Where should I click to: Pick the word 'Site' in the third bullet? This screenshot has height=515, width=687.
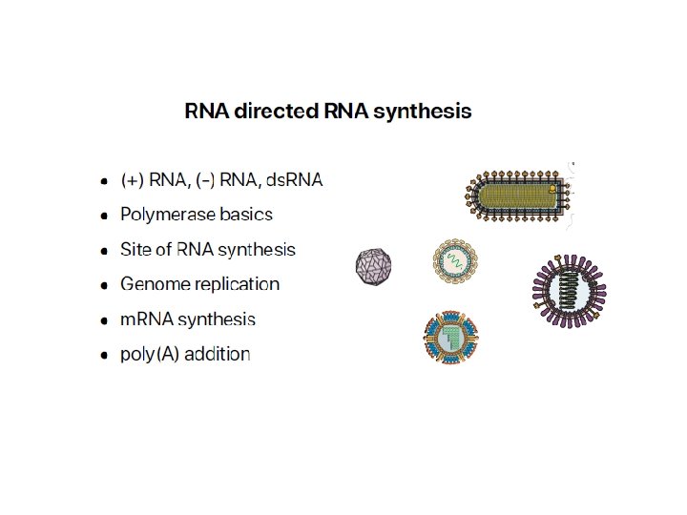click(x=136, y=250)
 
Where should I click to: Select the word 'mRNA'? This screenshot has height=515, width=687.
click(x=144, y=319)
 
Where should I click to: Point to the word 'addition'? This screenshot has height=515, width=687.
click(x=215, y=355)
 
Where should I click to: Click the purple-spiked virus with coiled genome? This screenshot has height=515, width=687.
click(x=570, y=286)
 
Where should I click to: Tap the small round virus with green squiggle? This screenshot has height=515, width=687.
click(x=453, y=257)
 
